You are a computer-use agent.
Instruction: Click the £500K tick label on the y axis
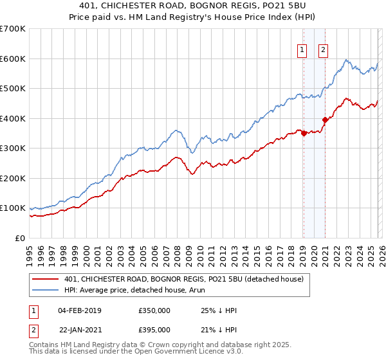pos(13,89)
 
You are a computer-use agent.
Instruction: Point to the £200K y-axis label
pos(13,178)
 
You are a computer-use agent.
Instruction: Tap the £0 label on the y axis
pos(20,238)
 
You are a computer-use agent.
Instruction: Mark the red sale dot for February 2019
pos(304,133)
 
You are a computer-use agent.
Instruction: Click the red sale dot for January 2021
pos(326,120)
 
